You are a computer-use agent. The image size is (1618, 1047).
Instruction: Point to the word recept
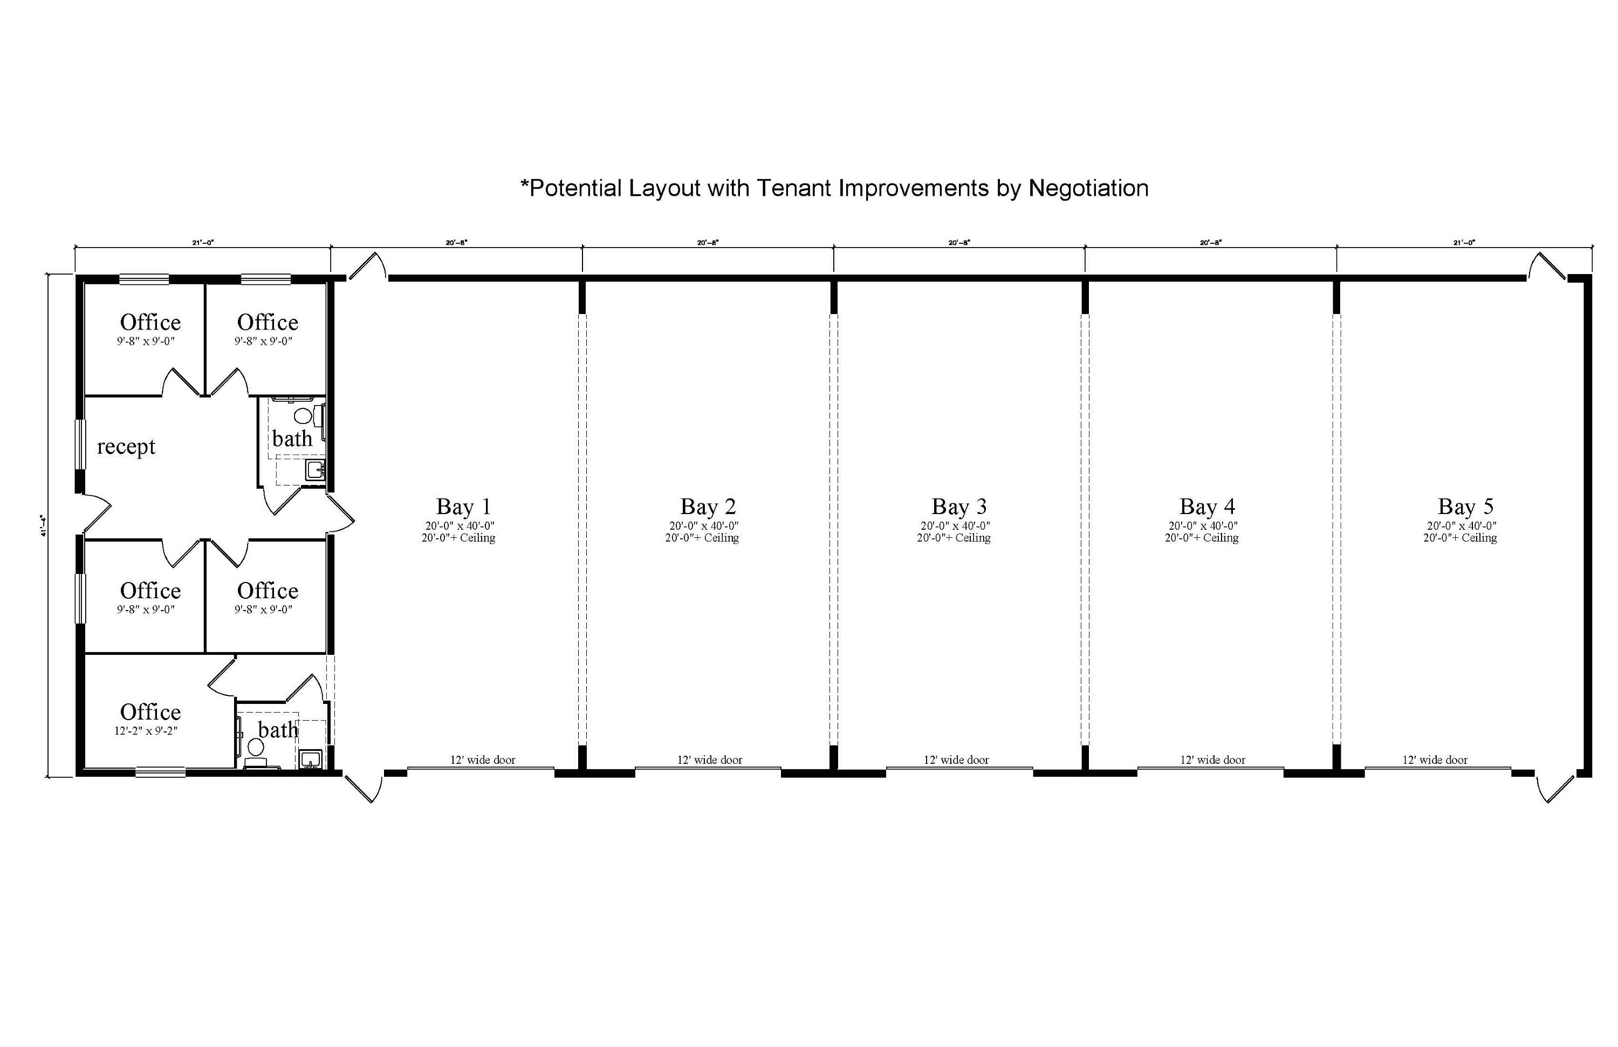126,447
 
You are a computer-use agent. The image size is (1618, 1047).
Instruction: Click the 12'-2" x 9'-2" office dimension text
146,731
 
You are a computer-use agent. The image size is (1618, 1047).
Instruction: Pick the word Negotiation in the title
1088,188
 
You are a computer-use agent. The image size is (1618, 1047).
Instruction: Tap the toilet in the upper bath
303,415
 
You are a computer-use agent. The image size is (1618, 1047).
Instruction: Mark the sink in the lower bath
310,759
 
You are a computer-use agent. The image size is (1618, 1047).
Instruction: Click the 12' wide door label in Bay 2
710,760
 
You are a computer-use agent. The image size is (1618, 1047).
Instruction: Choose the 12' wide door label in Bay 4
1213,760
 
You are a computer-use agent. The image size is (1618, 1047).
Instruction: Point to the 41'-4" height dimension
43,525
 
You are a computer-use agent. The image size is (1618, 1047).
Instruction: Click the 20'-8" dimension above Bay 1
456,242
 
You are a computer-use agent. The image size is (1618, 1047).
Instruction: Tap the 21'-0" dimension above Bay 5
1464,242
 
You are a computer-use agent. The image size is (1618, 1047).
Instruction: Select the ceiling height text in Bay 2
702,538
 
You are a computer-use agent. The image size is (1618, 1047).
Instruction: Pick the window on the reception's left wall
80,444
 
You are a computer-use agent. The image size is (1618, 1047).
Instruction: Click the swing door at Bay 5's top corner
1546,266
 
